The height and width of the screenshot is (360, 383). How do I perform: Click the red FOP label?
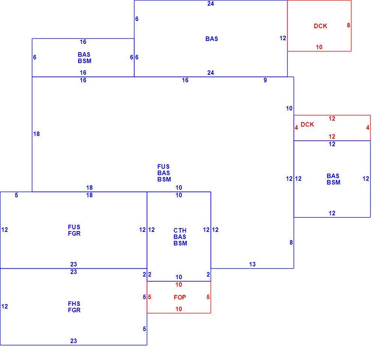pyautogui.click(x=180, y=297)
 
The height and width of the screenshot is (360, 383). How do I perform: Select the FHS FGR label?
pyautogui.click(x=74, y=307)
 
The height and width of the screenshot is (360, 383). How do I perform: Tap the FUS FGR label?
pyautogui.click(x=74, y=230)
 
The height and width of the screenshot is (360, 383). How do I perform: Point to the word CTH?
pyautogui.click(x=180, y=230)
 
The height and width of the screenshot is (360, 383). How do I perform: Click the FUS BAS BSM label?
pyautogui.click(x=164, y=173)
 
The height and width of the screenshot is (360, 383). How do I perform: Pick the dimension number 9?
pyautogui.click(x=265, y=80)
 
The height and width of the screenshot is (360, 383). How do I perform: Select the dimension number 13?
pyautogui.click(x=252, y=264)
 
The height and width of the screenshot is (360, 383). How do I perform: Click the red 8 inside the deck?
pyautogui.click(x=348, y=25)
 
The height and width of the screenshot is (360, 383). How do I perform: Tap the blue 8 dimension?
pyautogui.click(x=291, y=242)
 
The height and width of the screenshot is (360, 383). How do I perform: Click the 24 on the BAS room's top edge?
pyautogui.click(x=211, y=3)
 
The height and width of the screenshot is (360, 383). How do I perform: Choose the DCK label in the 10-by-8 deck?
pyautogui.click(x=320, y=26)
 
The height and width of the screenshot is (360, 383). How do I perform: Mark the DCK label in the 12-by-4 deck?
pyautogui.click(x=307, y=124)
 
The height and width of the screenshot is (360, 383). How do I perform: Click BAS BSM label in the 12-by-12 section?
pyautogui.click(x=333, y=179)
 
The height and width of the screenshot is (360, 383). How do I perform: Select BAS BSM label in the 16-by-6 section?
pyautogui.click(x=84, y=57)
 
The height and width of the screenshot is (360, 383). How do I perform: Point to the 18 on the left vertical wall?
pyautogui.click(x=36, y=134)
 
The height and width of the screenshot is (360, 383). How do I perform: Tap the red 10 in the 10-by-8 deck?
pyautogui.click(x=319, y=47)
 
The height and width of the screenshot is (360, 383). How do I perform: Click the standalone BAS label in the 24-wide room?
pyautogui.click(x=212, y=39)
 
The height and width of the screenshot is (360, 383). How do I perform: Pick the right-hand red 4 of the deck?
pyautogui.click(x=368, y=127)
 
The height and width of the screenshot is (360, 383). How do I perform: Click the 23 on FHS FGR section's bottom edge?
pyautogui.click(x=74, y=341)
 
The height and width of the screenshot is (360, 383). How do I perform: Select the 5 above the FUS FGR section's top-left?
pyautogui.click(x=17, y=195)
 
